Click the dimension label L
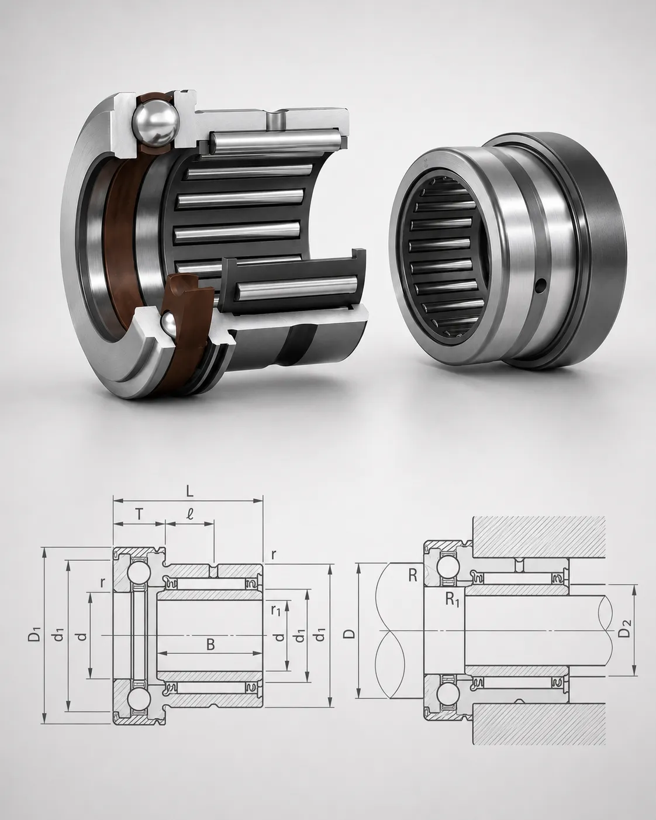coord(189,491)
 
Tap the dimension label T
coord(139,515)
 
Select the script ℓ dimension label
coord(190,515)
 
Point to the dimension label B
coord(210,644)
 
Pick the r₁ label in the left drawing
coord(275,610)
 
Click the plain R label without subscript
coord(413,576)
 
